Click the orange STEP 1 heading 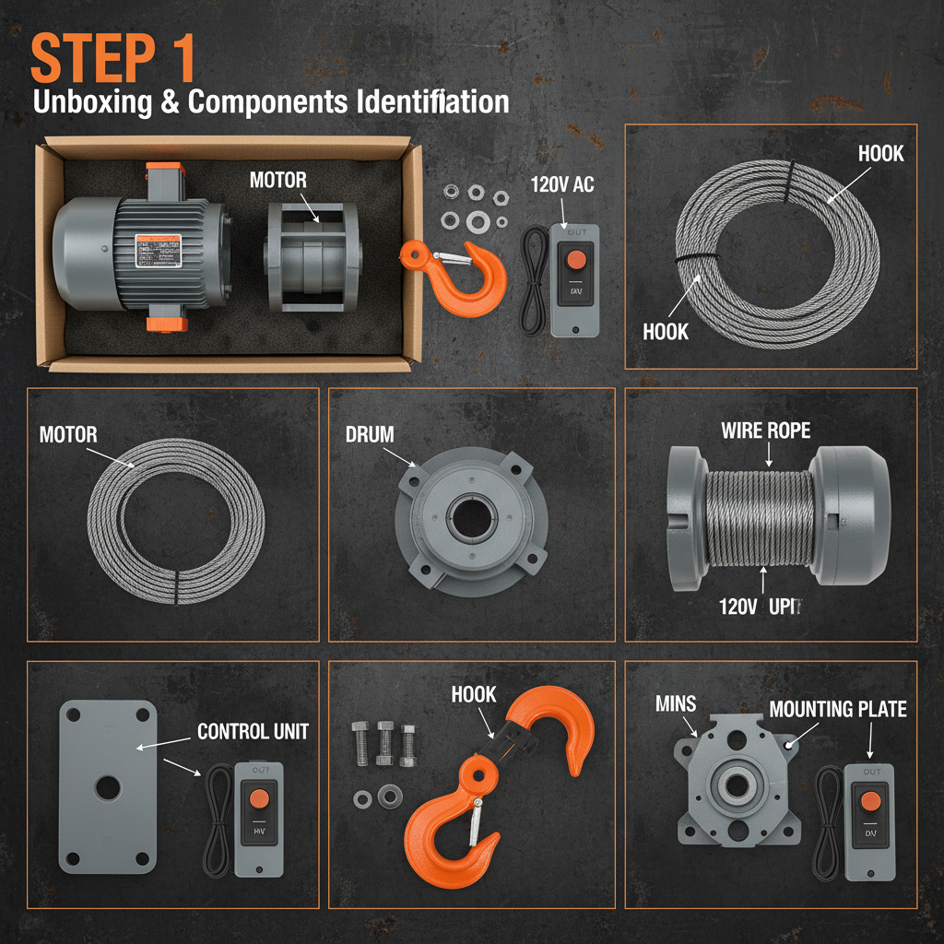coord(113,60)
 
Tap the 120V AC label coord(562,184)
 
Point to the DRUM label coord(370,434)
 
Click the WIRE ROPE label coord(766,431)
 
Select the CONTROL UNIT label coord(253,732)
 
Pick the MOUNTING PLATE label coord(837,709)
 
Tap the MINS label coord(676,704)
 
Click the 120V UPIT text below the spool coord(760,608)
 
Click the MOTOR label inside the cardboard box coord(277,179)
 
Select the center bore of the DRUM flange coord(473,519)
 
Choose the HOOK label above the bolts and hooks coord(474,694)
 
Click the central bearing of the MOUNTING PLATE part coord(736,786)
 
